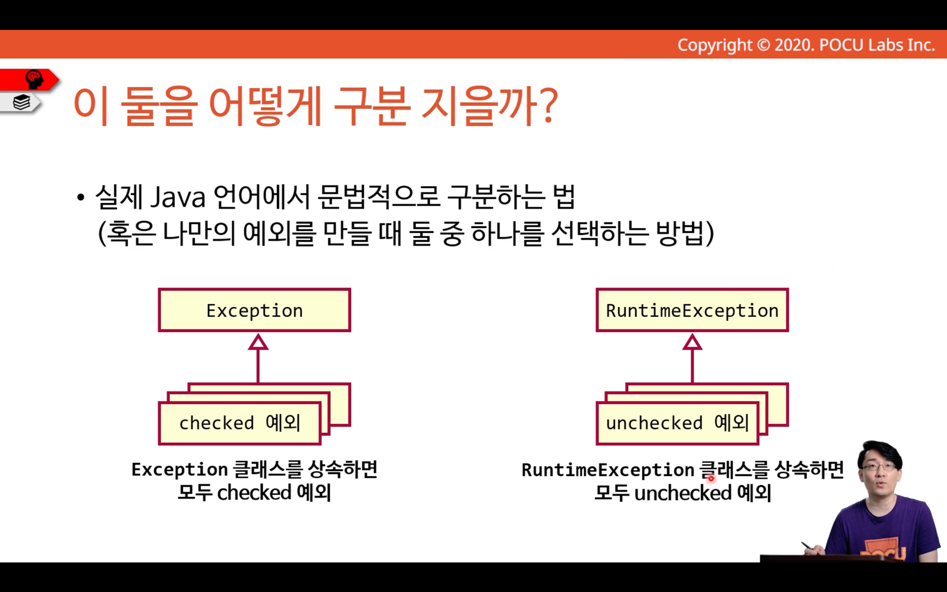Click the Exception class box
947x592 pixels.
[x=254, y=310]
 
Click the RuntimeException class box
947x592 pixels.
[x=692, y=310]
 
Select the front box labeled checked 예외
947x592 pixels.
[x=240, y=423]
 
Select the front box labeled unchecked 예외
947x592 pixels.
[x=677, y=423]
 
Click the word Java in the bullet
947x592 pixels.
[x=178, y=197]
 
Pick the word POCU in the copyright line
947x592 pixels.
[x=841, y=45]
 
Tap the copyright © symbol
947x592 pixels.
[x=763, y=45]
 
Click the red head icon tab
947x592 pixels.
[x=29, y=80]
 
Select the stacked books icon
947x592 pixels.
[x=21, y=102]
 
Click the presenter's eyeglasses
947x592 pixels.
[x=879, y=467]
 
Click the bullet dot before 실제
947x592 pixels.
[x=81, y=197]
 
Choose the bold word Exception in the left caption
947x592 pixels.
[x=180, y=470]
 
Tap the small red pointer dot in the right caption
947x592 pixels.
[x=711, y=478]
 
